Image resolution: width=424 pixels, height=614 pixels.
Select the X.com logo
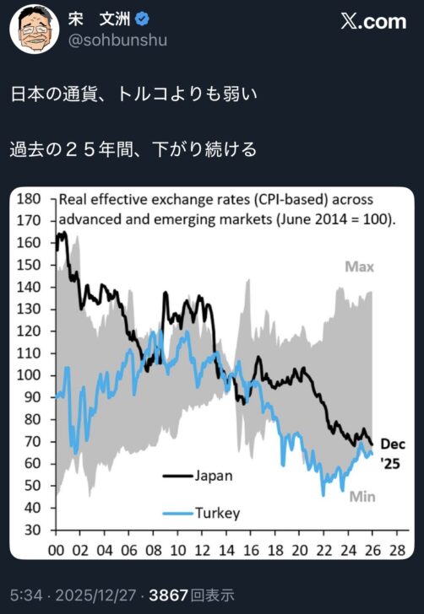369,23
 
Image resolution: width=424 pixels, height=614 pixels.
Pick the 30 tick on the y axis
31,530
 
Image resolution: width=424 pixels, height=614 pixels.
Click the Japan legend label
213,475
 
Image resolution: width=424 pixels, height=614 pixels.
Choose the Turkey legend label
217,512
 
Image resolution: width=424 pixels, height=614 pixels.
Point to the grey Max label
358,267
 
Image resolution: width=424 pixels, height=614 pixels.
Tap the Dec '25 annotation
390,453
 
